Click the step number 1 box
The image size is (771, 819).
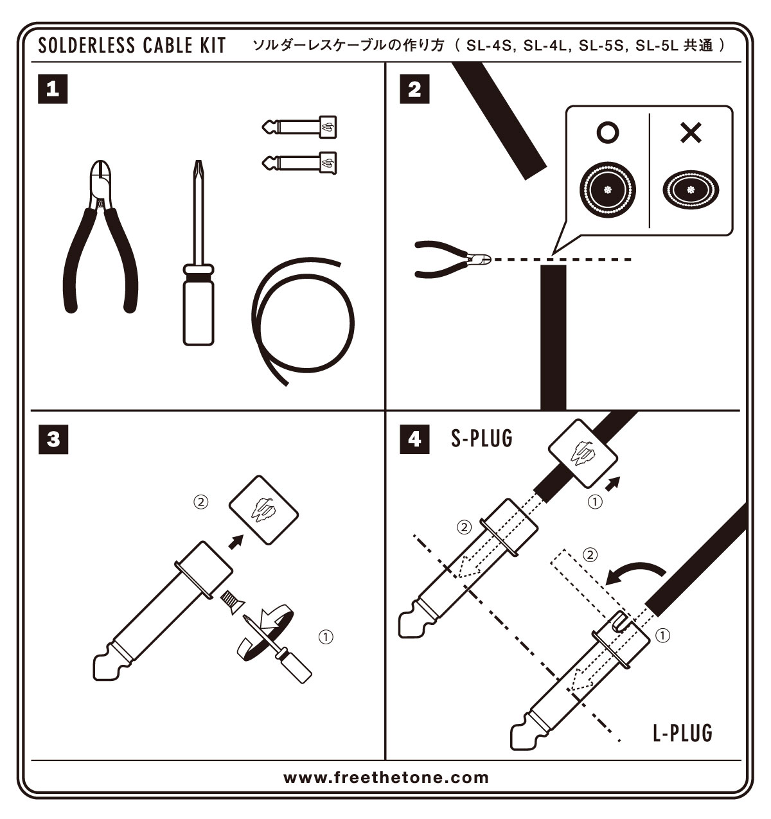click(x=53, y=89)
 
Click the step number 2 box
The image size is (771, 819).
click(x=414, y=89)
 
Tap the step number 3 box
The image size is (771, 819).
click(x=53, y=439)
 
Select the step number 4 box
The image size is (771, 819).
click(x=414, y=439)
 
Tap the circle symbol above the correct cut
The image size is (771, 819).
click(x=608, y=133)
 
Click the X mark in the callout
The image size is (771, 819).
click(x=691, y=133)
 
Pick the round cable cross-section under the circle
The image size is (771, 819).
click(x=608, y=189)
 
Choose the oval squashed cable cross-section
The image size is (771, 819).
click(x=691, y=190)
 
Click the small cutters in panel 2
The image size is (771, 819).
click(x=450, y=260)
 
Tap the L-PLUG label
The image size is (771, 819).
click(x=682, y=732)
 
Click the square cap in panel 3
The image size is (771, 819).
click(x=264, y=509)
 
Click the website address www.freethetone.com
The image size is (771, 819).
click(x=386, y=777)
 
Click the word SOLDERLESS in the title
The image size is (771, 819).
click(x=87, y=46)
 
